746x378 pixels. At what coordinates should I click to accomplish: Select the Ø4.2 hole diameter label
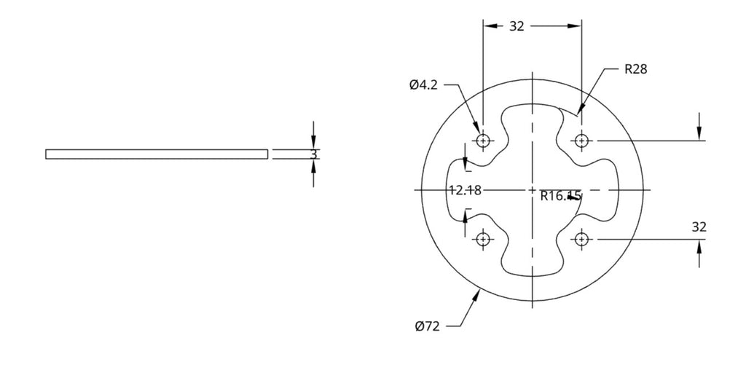(423, 85)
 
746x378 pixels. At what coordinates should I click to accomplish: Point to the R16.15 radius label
(560, 195)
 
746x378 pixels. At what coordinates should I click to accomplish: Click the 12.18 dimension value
(465, 190)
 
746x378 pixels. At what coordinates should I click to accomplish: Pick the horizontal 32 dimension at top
(517, 26)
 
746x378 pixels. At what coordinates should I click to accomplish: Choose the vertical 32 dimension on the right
(699, 227)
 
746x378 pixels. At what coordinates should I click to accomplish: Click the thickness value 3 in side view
(313, 154)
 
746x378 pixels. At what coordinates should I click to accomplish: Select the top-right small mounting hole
(581, 140)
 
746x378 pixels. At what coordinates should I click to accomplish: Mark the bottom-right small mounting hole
(581, 238)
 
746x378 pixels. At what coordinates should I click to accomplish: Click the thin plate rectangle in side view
(157, 154)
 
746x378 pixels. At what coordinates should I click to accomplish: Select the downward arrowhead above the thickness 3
(313, 144)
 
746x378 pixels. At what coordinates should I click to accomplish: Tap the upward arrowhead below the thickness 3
(313, 164)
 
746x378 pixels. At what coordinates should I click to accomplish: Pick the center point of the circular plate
(533, 189)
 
